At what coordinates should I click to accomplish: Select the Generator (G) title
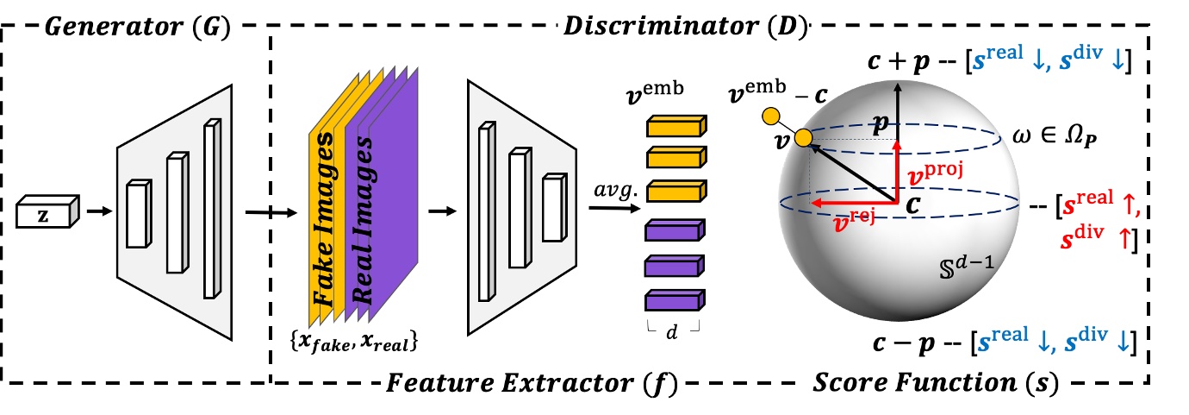pos(136,25)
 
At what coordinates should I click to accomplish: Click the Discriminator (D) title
pos(684,25)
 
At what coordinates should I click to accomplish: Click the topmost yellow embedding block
pos(675,126)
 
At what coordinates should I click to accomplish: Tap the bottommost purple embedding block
pos(675,300)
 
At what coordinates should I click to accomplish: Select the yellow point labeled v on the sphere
pos(803,138)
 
